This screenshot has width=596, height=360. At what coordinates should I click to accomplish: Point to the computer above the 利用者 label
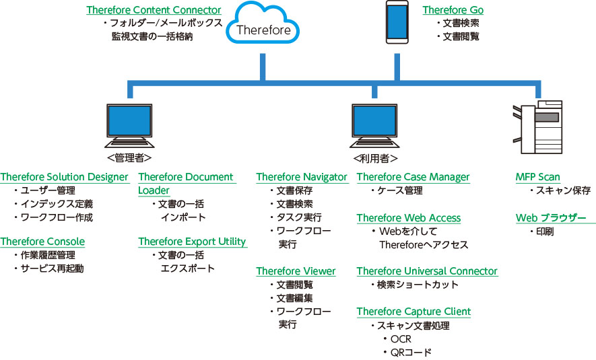374,124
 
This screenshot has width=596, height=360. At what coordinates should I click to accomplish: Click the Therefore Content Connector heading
154,10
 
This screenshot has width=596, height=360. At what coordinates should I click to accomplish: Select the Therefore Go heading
453,10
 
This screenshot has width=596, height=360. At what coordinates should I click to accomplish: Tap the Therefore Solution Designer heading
65,177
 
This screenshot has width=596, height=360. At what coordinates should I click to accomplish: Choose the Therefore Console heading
42,242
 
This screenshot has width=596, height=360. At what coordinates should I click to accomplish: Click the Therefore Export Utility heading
192,242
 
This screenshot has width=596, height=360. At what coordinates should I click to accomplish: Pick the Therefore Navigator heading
302,177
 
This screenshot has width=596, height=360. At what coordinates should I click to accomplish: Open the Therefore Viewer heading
296,271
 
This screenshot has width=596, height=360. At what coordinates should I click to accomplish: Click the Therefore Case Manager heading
413,177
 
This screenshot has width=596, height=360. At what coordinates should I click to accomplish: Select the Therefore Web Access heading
409,218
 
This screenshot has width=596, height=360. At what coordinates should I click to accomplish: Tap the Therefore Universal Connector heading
427,271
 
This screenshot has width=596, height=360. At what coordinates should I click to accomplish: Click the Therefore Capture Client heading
413,312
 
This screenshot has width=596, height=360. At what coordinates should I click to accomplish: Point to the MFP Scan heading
538,177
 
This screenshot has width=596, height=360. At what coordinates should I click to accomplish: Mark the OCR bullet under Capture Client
400,339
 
